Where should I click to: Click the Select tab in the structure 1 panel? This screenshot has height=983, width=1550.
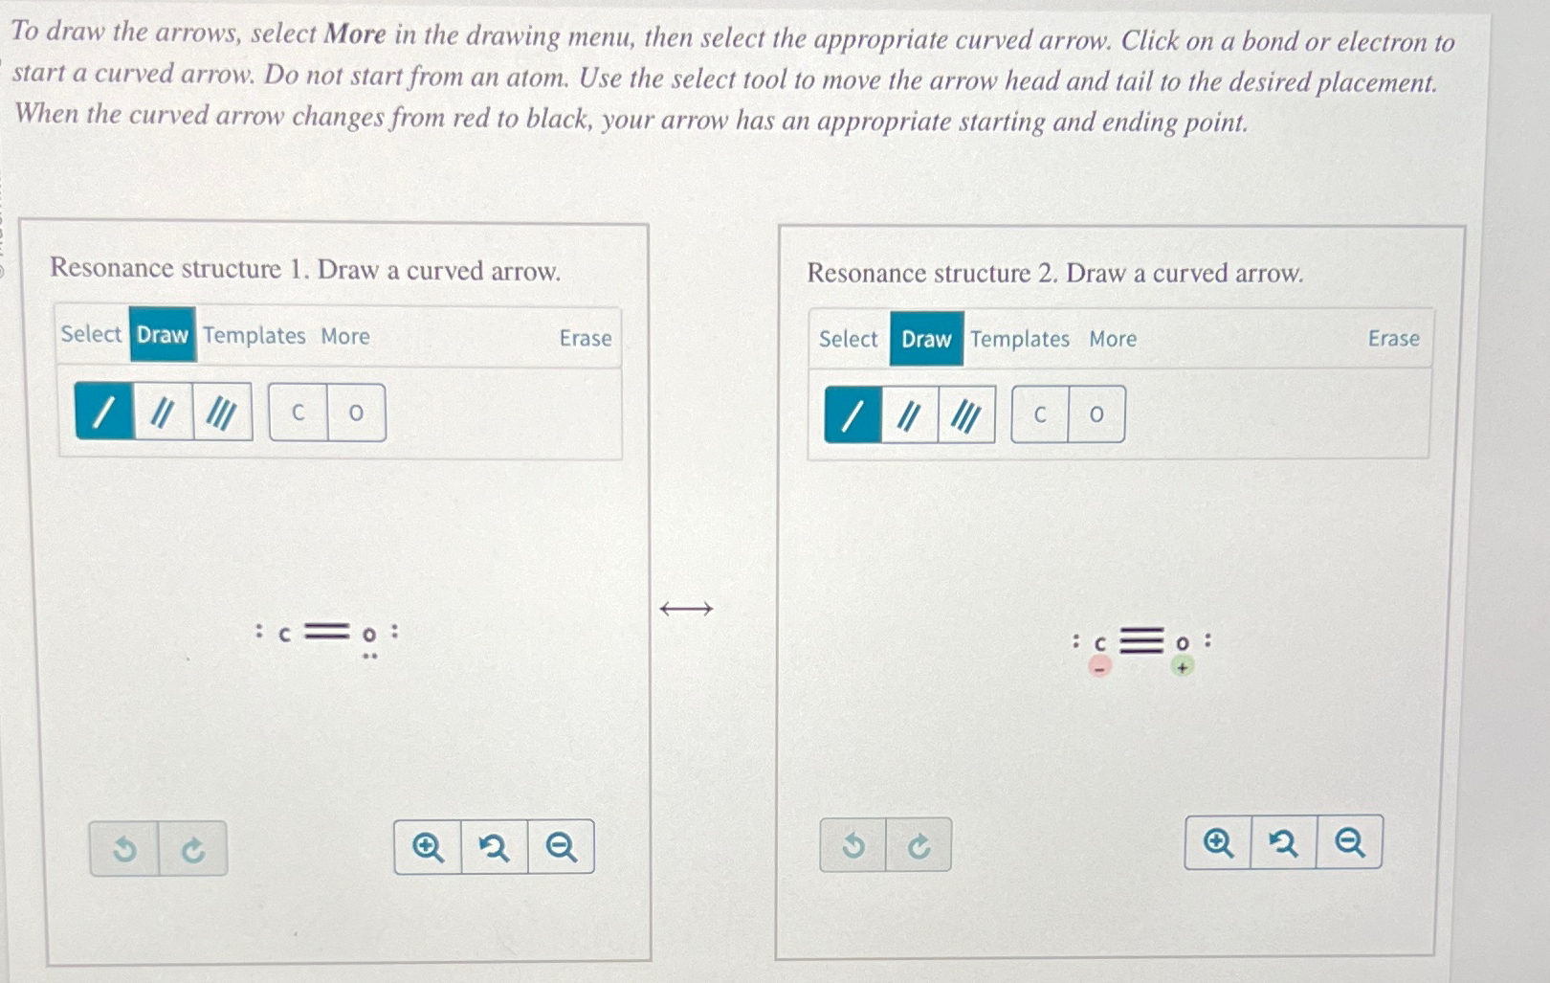tap(91, 334)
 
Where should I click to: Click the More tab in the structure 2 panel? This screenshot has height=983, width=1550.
tap(1113, 339)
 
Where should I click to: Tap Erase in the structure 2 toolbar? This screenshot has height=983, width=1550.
tap(1394, 338)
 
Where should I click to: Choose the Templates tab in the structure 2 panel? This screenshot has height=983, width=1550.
tap(1019, 339)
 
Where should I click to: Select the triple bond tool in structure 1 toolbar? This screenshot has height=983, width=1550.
tap(222, 413)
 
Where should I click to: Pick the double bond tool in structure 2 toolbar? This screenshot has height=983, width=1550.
tap(909, 415)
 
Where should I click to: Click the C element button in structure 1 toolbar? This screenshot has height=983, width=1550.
tap(299, 413)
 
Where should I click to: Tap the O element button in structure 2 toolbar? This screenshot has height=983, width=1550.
tap(1096, 414)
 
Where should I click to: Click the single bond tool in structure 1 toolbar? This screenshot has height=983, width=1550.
tap(104, 413)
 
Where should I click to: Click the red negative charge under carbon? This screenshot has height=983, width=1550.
tap(1099, 667)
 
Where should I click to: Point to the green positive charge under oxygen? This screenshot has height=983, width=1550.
tap(1183, 667)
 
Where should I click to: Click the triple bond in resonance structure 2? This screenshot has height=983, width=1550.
tap(1141, 640)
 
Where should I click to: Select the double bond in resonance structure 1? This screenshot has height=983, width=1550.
tap(327, 632)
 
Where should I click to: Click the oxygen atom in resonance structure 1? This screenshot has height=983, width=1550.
tap(370, 634)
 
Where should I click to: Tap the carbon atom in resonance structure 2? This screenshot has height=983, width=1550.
tap(1100, 644)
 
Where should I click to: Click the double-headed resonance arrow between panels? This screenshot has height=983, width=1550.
tap(686, 609)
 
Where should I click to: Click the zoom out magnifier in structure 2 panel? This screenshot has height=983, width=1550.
tap(1350, 842)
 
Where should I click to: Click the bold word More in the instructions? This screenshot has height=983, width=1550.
tap(356, 34)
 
